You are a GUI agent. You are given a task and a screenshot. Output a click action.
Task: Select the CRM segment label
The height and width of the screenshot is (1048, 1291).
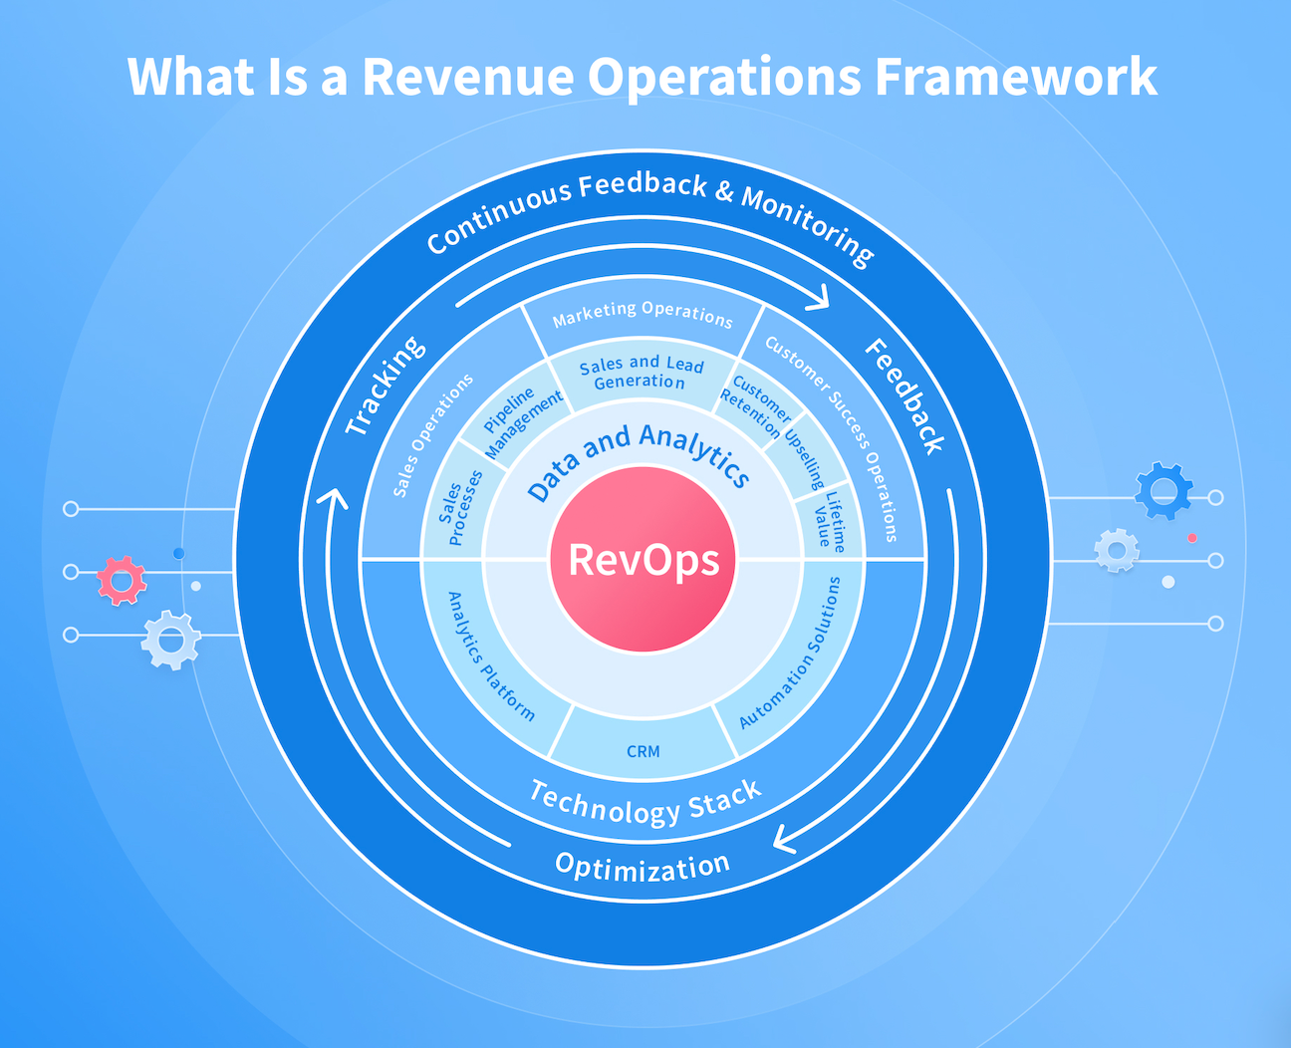[643, 751]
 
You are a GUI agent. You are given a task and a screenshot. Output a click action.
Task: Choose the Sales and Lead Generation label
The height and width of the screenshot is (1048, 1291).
[641, 374]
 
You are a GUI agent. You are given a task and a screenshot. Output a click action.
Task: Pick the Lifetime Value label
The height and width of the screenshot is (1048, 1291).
[829, 519]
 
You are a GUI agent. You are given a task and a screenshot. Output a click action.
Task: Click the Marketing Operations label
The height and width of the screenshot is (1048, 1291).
[643, 315]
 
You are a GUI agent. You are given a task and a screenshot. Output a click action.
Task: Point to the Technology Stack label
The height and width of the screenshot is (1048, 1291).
[645, 804]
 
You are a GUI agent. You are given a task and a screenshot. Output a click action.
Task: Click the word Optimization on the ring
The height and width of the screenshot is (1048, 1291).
[643, 866]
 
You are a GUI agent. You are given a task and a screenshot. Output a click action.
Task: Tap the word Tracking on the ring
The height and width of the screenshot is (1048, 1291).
[386, 386]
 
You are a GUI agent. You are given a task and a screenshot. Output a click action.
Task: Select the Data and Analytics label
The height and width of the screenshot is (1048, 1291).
[638, 460]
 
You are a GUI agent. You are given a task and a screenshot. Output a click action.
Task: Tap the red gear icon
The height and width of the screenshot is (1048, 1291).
[122, 580]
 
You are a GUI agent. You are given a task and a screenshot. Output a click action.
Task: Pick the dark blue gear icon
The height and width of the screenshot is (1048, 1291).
[1163, 490]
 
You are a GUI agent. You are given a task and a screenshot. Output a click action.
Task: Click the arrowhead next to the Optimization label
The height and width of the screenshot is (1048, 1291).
[784, 840]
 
